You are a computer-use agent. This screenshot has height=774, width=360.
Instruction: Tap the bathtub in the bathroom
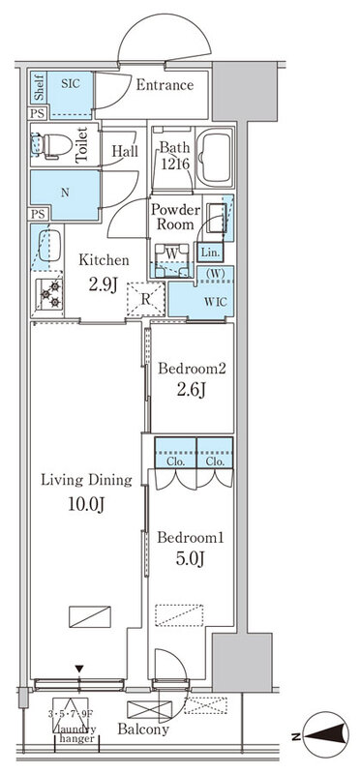[214, 158]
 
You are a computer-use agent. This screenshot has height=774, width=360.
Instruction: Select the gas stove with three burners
[49, 294]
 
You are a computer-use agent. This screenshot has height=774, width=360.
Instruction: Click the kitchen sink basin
[49, 246]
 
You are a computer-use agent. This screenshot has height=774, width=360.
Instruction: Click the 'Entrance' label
[165, 85]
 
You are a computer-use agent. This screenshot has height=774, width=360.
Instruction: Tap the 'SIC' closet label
[69, 83]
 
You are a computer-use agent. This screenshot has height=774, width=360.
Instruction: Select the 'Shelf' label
[39, 88]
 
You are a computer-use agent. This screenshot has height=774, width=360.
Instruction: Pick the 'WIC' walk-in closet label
[217, 302]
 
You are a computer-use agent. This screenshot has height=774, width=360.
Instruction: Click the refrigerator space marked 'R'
[146, 299]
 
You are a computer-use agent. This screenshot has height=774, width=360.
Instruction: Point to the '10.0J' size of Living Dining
[86, 504]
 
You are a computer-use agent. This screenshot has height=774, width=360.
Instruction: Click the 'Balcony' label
[143, 729]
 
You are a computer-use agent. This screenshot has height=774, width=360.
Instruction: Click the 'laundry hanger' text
[75, 733]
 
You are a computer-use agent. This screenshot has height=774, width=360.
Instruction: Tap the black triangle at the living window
[79, 669]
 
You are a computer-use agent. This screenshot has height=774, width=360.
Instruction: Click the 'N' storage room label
[65, 193]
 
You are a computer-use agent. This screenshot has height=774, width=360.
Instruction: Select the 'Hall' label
[125, 151]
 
